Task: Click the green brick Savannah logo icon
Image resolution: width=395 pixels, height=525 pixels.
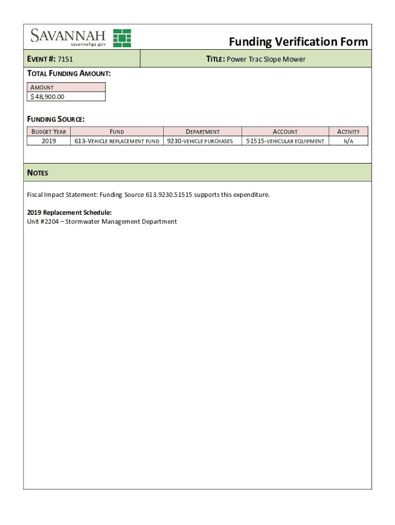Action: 122,38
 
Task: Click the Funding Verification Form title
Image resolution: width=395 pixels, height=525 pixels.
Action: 298,42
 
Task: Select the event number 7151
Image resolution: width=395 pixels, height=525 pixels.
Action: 65,59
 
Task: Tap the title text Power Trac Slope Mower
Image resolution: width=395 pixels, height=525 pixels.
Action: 266,59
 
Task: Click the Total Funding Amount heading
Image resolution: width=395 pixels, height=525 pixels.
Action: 69,74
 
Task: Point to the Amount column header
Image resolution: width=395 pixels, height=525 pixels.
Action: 42,88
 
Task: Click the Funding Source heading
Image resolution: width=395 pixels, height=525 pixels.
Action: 55,119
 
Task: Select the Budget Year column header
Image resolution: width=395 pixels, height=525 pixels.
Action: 49,132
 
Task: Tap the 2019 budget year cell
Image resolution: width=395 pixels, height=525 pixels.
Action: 49,141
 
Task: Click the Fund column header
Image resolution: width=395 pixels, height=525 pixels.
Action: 116,132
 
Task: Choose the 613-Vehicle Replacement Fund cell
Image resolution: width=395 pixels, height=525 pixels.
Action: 116,141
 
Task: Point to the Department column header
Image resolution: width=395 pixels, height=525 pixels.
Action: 202,132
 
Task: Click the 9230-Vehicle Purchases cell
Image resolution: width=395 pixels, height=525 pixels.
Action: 202,141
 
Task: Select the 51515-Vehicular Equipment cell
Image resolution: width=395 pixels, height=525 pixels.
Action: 285,141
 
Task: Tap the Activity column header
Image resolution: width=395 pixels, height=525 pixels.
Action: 348,132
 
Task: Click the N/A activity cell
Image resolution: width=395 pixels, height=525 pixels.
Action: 348,141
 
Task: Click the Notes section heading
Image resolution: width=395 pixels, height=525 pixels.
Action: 37,173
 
